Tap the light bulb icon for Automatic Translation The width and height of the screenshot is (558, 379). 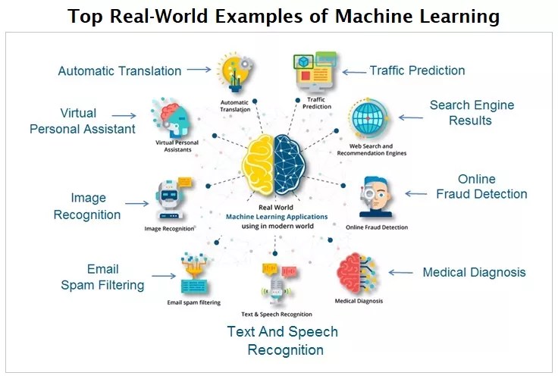click(x=233, y=70)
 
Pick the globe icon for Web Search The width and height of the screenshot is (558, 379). click(x=370, y=120)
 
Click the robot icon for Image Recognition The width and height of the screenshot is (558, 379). click(x=168, y=199)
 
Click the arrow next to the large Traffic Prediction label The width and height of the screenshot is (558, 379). click(x=353, y=71)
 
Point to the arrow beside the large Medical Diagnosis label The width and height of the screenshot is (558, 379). click(x=400, y=273)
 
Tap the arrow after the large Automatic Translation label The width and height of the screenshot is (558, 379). click(x=198, y=70)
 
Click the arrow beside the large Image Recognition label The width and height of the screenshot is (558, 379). click(x=136, y=203)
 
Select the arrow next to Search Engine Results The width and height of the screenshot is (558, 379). click(x=411, y=117)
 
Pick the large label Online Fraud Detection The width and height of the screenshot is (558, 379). click(x=481, y=186)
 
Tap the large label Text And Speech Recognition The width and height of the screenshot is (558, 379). click(x=282, y=340)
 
